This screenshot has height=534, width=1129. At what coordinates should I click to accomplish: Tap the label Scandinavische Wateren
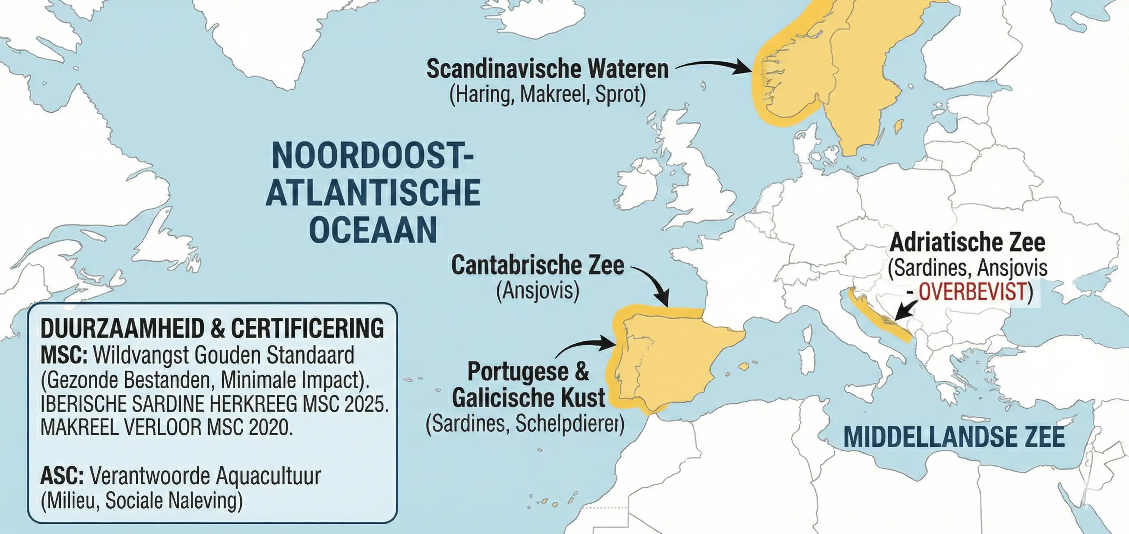(x=547, y=69)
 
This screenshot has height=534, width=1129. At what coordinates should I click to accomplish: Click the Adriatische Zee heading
(x=967, y=242)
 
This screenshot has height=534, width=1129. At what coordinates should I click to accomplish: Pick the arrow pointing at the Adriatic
(x=906, y=310)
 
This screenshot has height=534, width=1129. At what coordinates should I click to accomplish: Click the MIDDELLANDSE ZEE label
(x=954, y=437)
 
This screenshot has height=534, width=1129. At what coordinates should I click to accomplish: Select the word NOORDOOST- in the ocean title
(x=373, y=155)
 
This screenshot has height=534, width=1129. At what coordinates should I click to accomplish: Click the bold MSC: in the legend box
(x=64, y=355)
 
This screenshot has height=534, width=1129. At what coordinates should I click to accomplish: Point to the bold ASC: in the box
(x=62, y=476)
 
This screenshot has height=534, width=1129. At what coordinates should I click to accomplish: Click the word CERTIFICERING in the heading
(x=307, y=328)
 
